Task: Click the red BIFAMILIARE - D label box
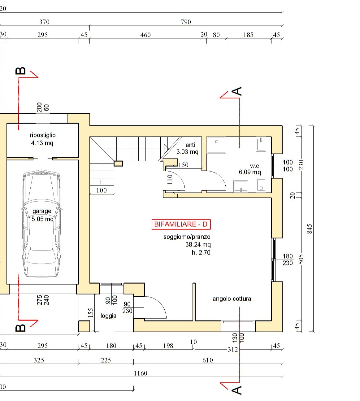181,224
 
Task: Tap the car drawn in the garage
41,223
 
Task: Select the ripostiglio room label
43,135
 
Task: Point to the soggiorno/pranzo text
187,237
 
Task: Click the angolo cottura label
232,299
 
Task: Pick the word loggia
108,316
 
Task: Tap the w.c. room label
255,166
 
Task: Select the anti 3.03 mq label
187,148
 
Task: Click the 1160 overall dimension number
141,373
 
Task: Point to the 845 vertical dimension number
310,229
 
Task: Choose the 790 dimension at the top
186,22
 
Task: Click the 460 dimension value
145,35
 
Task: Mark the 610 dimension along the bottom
208,360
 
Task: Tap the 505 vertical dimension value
301,259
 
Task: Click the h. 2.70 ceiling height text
201,253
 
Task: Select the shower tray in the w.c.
216,145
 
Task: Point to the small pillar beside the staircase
118,163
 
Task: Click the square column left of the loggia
84,326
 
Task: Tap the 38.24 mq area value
198,245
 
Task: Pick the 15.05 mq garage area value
41,219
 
